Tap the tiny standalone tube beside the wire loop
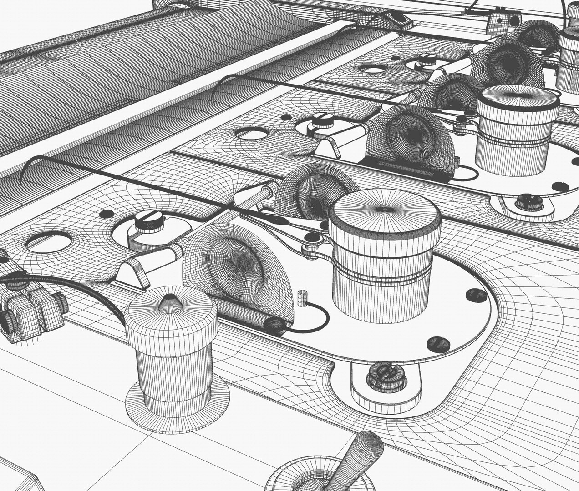click(300, 297)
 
